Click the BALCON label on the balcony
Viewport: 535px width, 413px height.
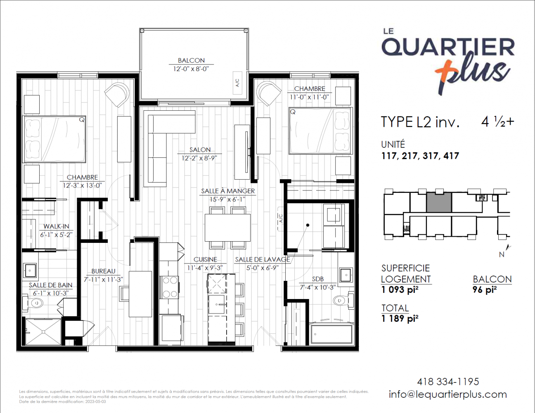coord(191,60)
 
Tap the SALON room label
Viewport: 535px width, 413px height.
coord(200,150)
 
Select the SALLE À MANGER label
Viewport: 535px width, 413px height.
coord(228,191)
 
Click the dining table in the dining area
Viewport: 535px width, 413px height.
coord(227,228)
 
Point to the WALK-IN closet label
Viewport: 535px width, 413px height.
coord(56,226)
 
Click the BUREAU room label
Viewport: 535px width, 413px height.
coord(103,271)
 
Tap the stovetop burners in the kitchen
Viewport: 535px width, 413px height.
coord(170,287)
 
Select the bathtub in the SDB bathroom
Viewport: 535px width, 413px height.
coord(331,334)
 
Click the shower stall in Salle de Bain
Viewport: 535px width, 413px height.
coord(43,332)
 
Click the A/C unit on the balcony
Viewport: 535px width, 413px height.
coord(237,83)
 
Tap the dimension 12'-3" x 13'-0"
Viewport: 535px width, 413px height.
coord(82,185)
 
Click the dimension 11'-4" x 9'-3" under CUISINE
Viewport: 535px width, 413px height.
coord(205,268)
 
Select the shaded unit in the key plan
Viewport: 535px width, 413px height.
coord(439,202)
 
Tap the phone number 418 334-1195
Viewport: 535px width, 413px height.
coord(448,382)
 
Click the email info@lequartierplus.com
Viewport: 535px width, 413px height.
coord(448,394)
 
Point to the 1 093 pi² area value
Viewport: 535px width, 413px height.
coord(400,290)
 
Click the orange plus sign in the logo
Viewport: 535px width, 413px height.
coord(445,71)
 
